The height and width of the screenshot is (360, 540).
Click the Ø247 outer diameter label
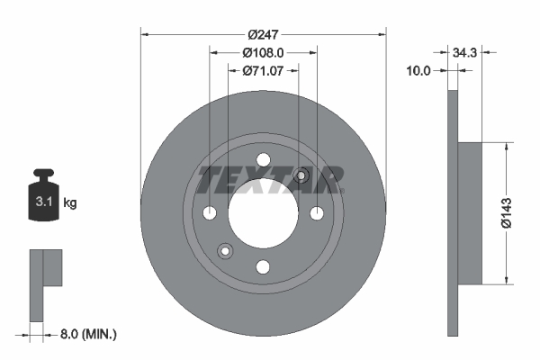[x=263, y=34]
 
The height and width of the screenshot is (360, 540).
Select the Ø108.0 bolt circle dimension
[x=263, y=53]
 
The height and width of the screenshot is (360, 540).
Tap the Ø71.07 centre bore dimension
[x=263, y=70]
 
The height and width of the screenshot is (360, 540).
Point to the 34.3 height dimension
[x=464, y=53]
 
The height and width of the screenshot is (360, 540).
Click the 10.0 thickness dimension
[x=418, y=71]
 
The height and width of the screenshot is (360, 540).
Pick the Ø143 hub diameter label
[x=507, y=213]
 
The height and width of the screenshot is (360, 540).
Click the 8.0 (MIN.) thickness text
[x=88, y=334]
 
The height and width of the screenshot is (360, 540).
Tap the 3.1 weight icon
[x=43, y=194]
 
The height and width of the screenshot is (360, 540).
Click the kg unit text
[x=70, y=202]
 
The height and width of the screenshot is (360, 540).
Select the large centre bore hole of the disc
[x=263, y=213]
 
